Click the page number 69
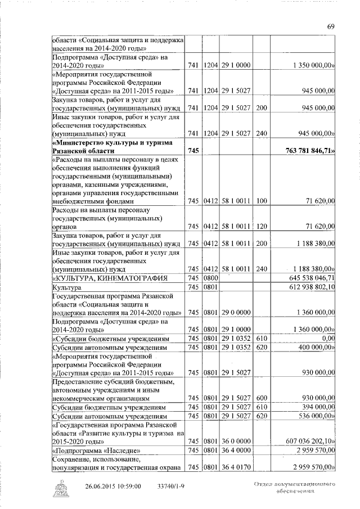pyautogui.click(x=331, y=26)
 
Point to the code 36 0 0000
pyautogui.click(x=235, y=440)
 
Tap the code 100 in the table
pyautogui.click(x=260, y=200)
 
